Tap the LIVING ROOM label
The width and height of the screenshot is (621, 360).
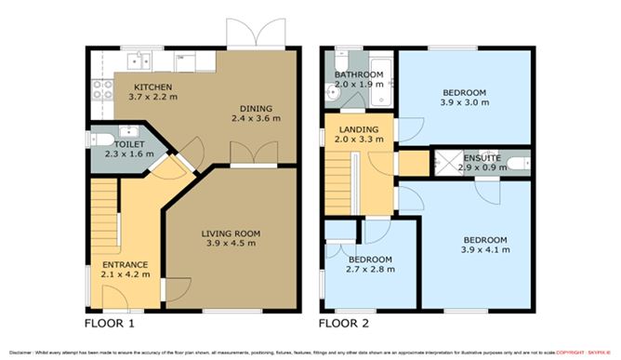point(231,233)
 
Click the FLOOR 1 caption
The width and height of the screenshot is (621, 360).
point(110,324)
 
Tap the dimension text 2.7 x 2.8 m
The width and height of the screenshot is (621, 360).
point(369,270)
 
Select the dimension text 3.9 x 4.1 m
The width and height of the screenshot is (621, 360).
point(484,251)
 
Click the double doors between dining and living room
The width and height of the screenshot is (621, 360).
point(250,153)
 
